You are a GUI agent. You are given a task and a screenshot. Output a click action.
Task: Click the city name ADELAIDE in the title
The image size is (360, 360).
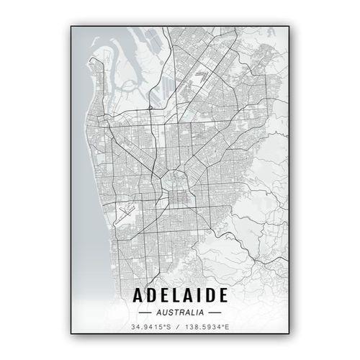click(x=179, y=295)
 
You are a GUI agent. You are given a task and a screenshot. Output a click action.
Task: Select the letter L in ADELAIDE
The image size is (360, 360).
click(x=175, y=295)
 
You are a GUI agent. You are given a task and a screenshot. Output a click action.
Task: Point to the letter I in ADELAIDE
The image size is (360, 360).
click(x=199, y=295)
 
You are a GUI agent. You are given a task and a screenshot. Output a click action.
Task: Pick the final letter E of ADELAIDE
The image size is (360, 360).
click(x=222, y=295)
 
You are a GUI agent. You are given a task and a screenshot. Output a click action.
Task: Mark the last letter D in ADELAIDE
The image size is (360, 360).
click(x=210, y=295)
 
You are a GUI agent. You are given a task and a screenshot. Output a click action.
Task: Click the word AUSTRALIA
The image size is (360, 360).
click(x=179, y=312)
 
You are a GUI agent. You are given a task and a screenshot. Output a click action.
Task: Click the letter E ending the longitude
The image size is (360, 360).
click(x=228, y=329)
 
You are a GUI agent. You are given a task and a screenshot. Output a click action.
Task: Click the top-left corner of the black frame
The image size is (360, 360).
click(x=71, y=27)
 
